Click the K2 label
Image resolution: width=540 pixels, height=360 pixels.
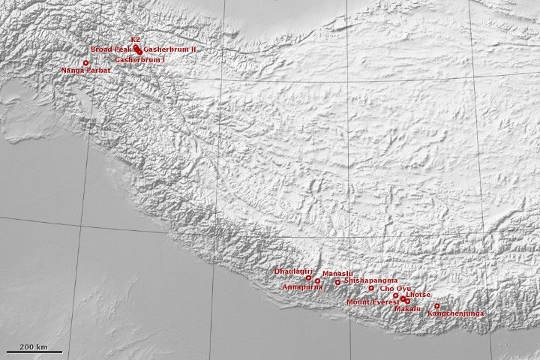click(x=135, y=39)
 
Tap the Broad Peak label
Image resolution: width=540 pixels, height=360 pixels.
click(x=111, y=49)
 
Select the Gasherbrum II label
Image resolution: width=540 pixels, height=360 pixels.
click(x=169, y=49)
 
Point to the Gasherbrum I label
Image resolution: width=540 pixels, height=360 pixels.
click(x=139, y=58)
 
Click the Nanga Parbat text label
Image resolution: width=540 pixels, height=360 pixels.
click(x=85, y=70)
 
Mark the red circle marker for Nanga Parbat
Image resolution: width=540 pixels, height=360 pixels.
click(x=85, y=62)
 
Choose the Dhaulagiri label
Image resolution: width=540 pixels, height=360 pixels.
click(x=293, y=270)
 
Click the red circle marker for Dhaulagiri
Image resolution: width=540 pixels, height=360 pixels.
click(x=308, y=277)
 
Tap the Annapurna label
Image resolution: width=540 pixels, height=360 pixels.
click(x=302, y=287)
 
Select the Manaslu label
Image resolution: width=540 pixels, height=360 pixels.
click(x=337, y=274)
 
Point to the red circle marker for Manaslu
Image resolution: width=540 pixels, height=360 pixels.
click(x=337, y=282)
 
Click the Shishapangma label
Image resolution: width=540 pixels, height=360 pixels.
click(x=370, y=280)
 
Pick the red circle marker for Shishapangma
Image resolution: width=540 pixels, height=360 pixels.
click(x=371, y=288)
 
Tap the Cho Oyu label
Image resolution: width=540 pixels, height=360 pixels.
click(x=395, y=288)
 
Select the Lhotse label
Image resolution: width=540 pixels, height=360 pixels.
click(x=418, y=295)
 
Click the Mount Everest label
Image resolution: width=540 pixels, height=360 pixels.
click(x=372, y=302)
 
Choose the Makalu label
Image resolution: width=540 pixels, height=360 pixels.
click(x=407, y=309)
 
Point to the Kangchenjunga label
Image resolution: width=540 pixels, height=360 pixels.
click(x=456, y=313)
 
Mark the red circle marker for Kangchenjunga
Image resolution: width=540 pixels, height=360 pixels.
click(x=436, y=305)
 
